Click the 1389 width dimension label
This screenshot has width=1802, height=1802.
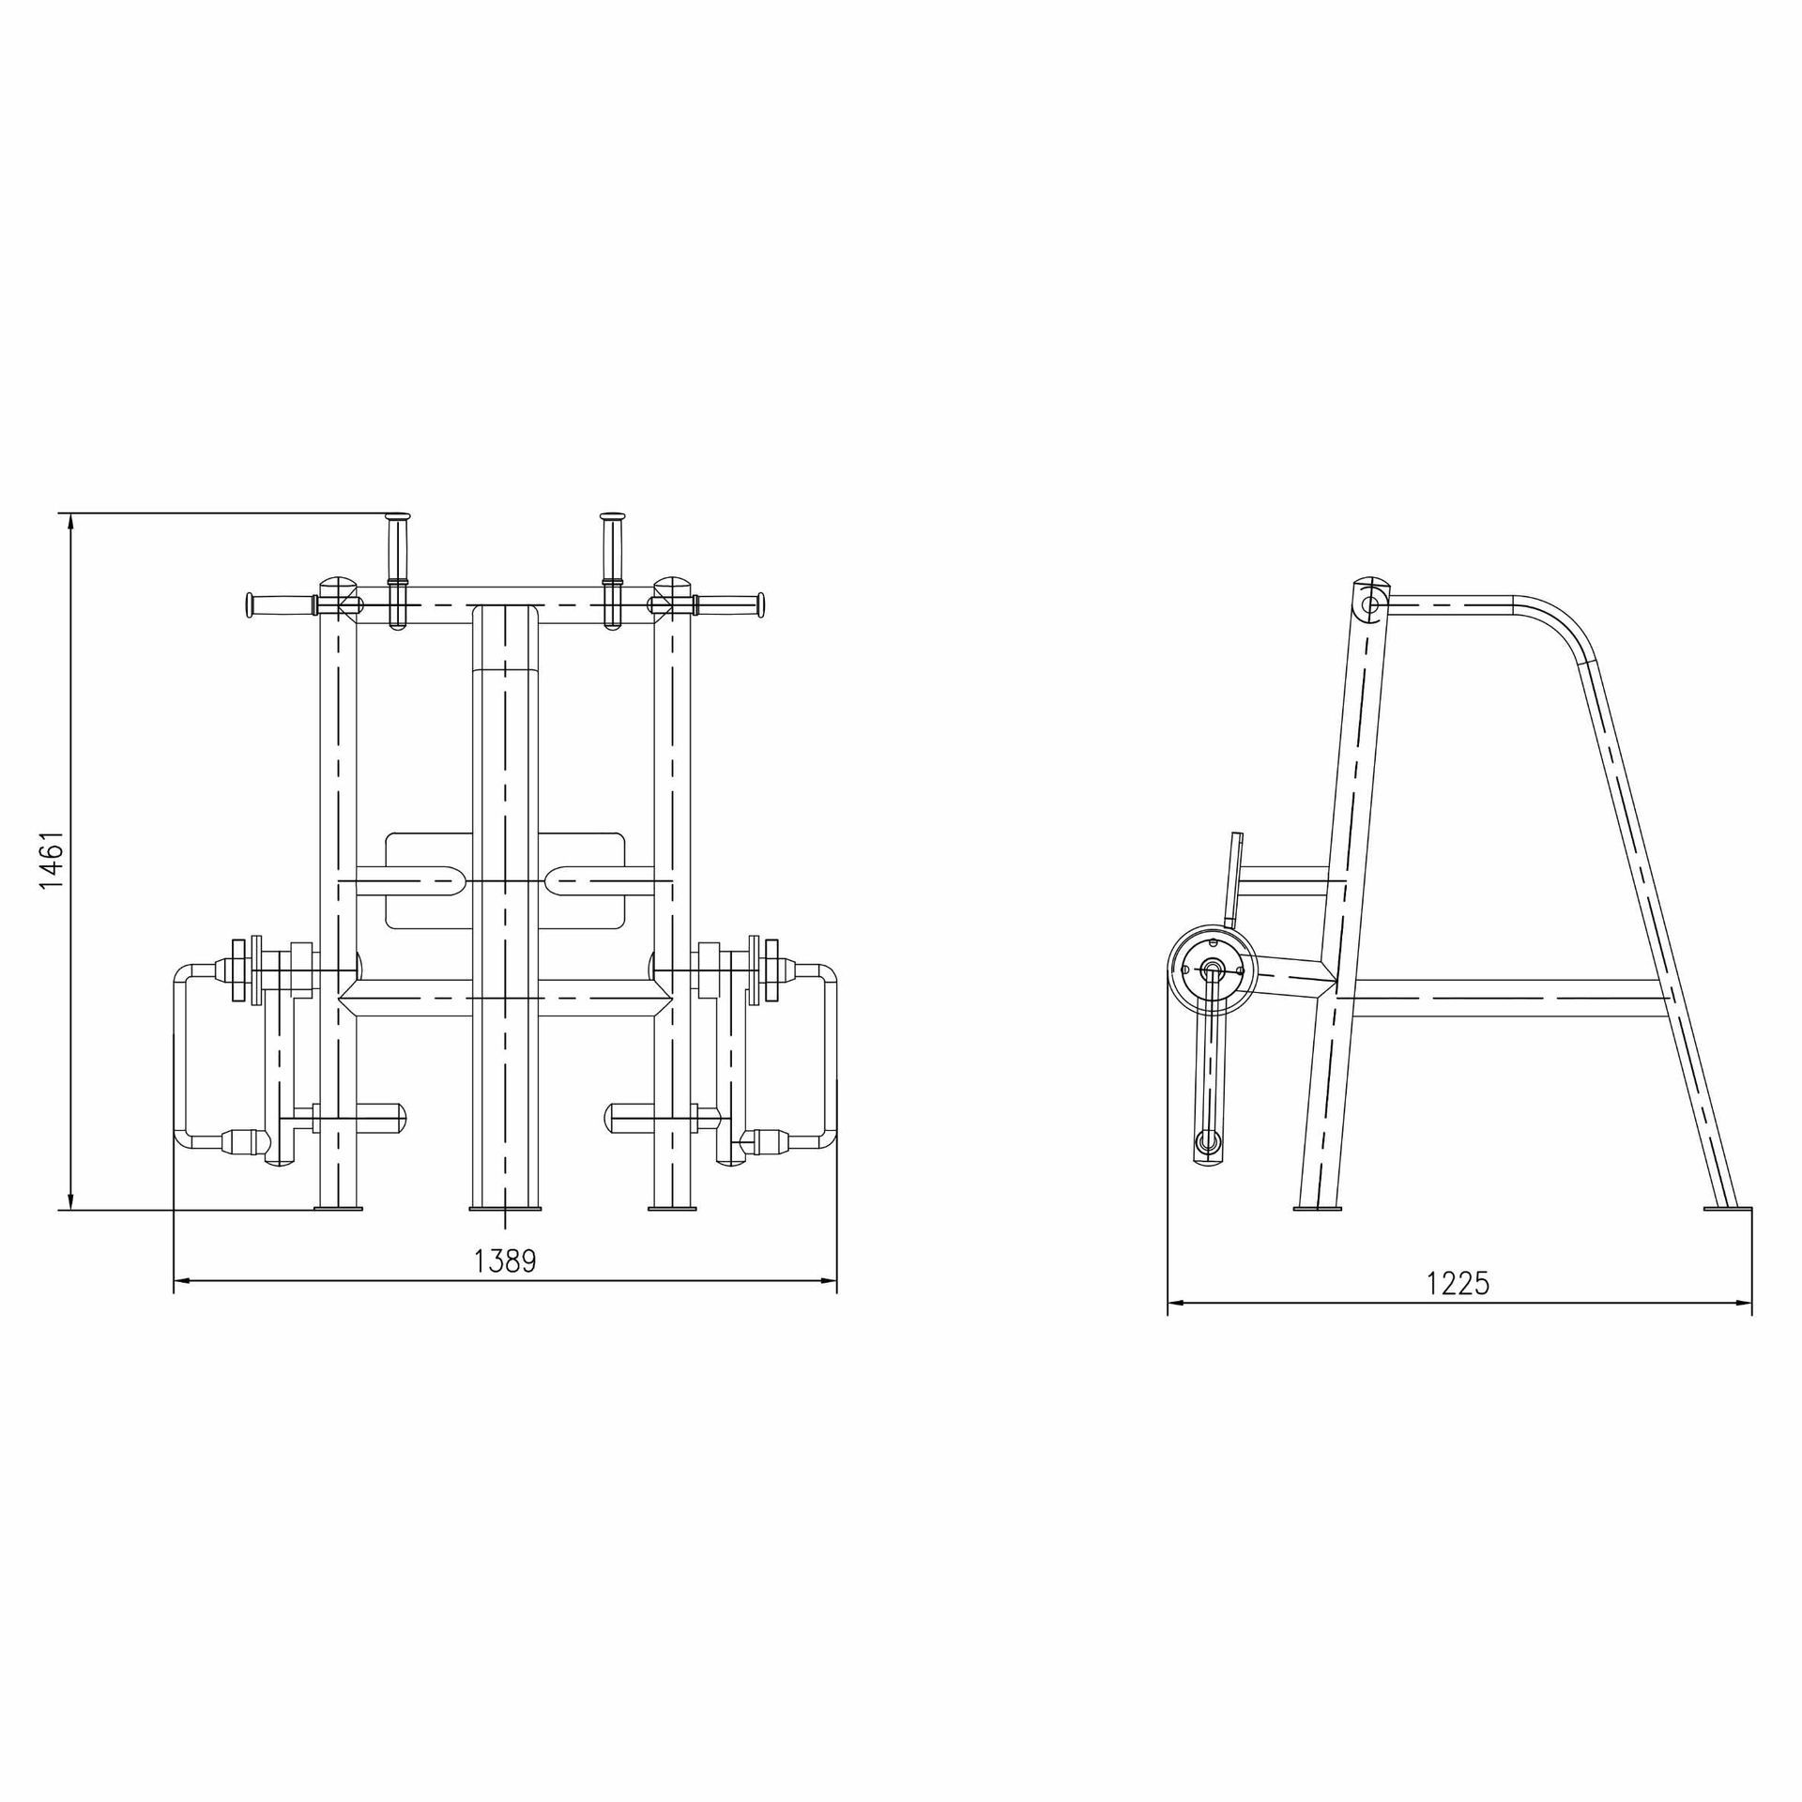505,1260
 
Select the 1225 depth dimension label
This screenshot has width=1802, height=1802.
1458,1283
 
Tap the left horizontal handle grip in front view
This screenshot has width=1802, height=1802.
280,604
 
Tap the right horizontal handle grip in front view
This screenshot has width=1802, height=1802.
728,604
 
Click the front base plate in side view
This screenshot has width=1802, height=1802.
1318,1208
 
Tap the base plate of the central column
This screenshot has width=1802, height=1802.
505,1208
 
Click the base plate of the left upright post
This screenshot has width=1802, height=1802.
338,1208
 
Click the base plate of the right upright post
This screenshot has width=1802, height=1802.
673,1208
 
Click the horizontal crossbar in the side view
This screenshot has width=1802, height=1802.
1502,999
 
